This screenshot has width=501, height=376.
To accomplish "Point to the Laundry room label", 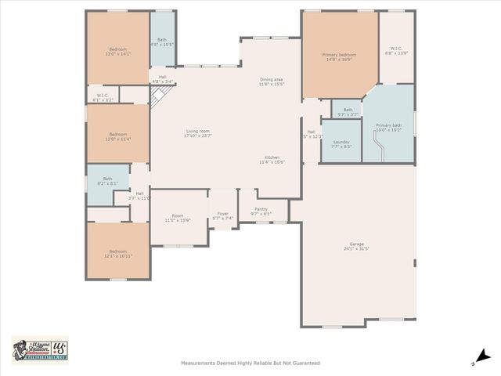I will coord(341,143).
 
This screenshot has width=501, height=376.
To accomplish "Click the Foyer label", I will coord(223,215).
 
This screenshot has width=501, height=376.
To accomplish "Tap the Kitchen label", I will coord(272,160).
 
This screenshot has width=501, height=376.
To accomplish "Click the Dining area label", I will coord(272,81).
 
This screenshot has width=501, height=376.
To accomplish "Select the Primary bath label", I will coord(388,127).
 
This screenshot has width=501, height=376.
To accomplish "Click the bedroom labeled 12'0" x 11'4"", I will coord(118,136).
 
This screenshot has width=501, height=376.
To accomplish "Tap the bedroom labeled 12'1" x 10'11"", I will coord(118,253).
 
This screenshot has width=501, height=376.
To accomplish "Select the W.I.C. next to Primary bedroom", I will coord(394,51).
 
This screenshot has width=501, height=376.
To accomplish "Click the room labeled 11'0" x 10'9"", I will coord(178,219).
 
